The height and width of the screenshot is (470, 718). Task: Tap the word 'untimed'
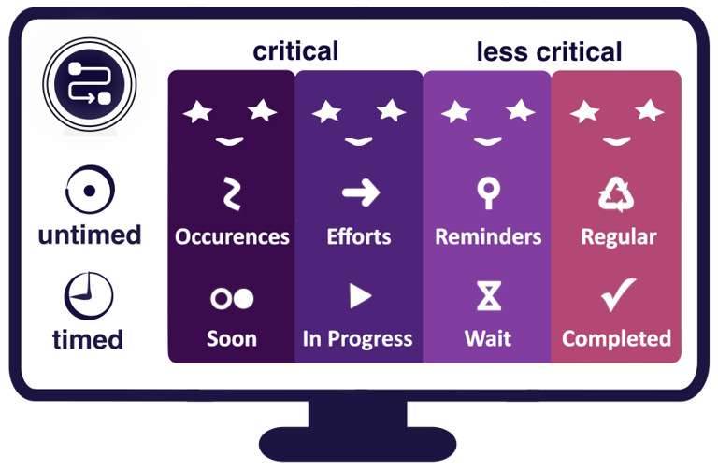tap(89, 235)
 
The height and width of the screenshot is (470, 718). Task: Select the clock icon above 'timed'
tap(89, 295)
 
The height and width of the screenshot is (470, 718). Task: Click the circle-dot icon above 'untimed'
tap(89, 191)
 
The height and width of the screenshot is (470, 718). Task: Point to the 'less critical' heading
tap(549, 51)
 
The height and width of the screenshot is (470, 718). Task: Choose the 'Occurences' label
tap(232, 236)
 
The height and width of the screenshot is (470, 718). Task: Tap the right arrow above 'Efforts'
tap(359, 193)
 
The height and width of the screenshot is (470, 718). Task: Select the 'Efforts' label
tap(359, 236)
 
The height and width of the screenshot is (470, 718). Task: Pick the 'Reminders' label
tap(488, 236)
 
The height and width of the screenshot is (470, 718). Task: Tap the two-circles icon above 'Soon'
tap(232, 298)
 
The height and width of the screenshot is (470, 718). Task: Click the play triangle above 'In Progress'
tap(360, 296)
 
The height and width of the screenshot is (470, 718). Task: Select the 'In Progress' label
tap(357, 338)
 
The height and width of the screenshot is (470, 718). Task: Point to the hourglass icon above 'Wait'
tap(488, 296)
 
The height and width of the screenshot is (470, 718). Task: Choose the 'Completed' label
tap(616, 338)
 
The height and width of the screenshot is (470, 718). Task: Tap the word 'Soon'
tap(231, 338)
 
